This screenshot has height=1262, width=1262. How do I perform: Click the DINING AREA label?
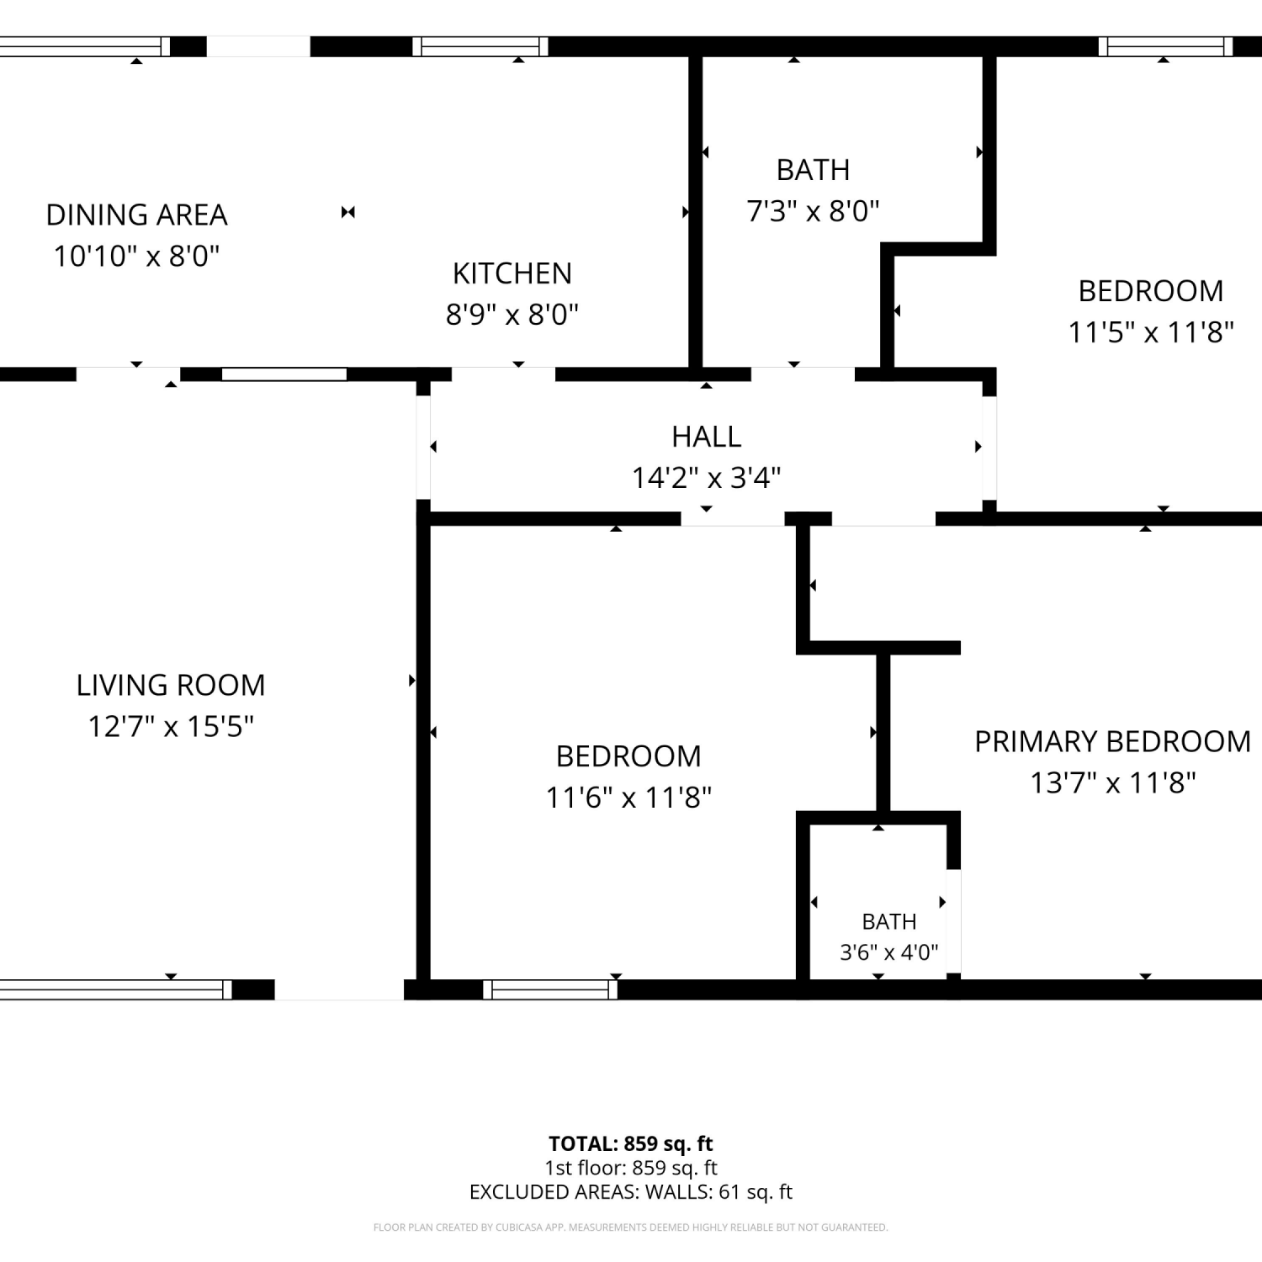(x=136, y=215)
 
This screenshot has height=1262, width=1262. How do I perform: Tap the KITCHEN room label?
(x=512, y=273)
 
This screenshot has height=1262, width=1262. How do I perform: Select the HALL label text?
(x=707, y=437)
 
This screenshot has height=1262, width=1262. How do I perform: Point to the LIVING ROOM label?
(x=171, y=685)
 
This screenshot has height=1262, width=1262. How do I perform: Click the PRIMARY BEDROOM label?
(x=1112, y=741)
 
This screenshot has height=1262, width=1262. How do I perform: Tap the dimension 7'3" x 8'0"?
(x=813, y=210)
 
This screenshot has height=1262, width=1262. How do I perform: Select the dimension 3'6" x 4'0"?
(x=888, y=952)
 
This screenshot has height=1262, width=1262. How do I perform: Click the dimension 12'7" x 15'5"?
(x=171, y=726)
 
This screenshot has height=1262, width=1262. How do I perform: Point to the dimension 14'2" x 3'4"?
(x=707, y=478)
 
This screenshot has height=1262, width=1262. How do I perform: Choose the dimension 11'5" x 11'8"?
(x=1150, y=332)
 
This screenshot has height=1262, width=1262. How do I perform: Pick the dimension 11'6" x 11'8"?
(x=628, y=797)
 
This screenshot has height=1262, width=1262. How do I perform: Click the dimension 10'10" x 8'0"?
(x=136, y=256)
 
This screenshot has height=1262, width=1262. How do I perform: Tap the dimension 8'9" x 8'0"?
(x=512, y=315)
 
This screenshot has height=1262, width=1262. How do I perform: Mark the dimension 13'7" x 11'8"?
(x=1112, y=782)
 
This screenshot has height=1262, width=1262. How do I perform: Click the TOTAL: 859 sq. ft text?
(x=631, y=1143)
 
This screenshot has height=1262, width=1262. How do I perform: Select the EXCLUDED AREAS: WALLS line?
(x=631, y=1191)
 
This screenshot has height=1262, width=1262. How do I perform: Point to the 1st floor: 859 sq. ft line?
(x=631, y=1168)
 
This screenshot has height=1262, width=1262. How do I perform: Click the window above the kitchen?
(x=480, y=46)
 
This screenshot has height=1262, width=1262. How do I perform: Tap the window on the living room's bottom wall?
(x=116, y=989)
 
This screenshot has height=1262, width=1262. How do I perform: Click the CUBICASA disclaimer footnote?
(x=631, y=1228)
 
